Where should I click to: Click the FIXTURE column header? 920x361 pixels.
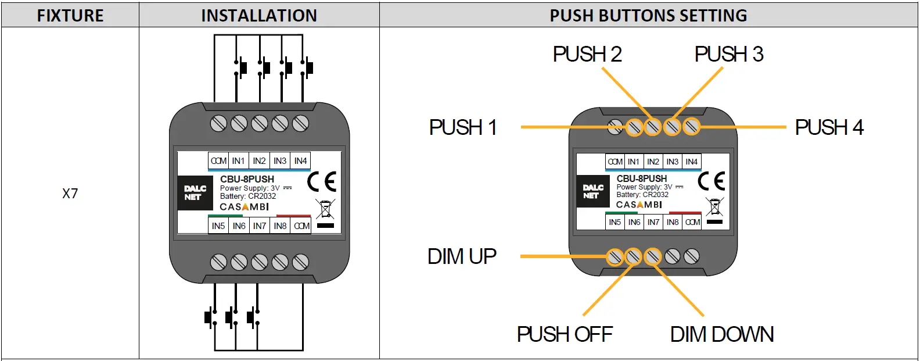(x=70, y=16)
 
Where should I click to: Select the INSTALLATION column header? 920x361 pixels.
(x=259, y=16)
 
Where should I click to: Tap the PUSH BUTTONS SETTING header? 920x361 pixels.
(x=648, y=16)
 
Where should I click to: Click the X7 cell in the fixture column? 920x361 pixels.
(x=70, y=194)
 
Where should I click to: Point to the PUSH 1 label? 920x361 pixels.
(x=463, y=127)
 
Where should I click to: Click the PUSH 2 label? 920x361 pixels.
(x=587, y=54)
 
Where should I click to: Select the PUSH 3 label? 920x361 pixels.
(x=728, y=54)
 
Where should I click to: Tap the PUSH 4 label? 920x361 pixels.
(x=829, y=127)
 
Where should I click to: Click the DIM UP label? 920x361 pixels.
(x=462, y=256)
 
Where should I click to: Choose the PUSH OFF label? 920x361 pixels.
(x=565, y=334)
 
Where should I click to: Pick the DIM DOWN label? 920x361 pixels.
(x=721, y=334)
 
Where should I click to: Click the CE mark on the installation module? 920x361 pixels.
(x=321, y=182)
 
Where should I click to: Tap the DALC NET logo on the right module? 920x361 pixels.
(x=592, y=192)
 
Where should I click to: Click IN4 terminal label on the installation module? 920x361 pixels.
(x=300, y=161)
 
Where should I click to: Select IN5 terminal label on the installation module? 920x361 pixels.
(x=218, y=226)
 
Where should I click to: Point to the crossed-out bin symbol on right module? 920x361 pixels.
(x=714, y=207)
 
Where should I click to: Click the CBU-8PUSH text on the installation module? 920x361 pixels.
(x=247, y=179)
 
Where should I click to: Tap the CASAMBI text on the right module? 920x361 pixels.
(x=639, y=205)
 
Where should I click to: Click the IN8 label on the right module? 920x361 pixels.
(x=673, y=222)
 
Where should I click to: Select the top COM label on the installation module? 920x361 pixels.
(x=218, y=161)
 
